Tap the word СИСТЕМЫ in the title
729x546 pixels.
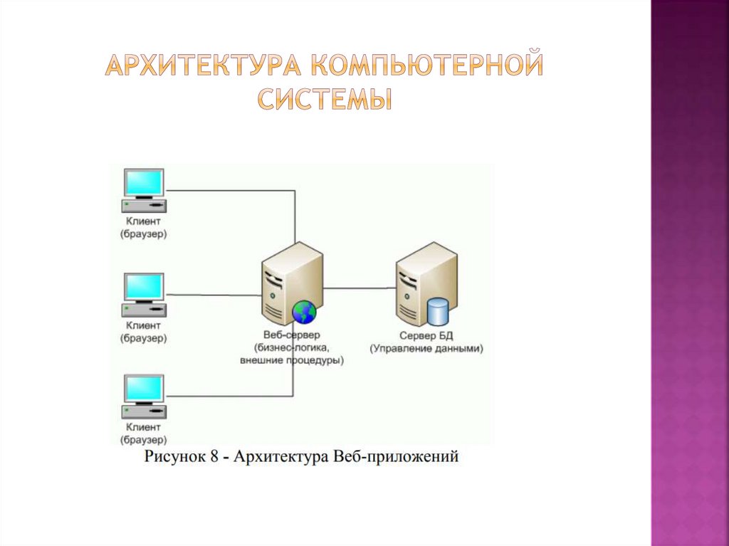(x=325, y=98)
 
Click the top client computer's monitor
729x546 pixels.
(x=144, y=182)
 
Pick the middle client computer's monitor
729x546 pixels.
(x=144, y=286)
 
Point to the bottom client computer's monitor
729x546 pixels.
(x=144, y=389)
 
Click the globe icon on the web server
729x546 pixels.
(x=304, y=311)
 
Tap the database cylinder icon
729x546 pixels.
(x=437, y=311)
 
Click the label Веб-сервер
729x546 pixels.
(x=291, y=335)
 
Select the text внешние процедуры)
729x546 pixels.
(x=291, y=361)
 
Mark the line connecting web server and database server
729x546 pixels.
(x=360, y=288)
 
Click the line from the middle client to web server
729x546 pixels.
(x=214, y=294)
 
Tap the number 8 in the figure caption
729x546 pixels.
(x=214, y=456)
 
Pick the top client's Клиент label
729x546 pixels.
(x=144, y=221)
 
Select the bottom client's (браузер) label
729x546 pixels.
(x=144, y=440)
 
